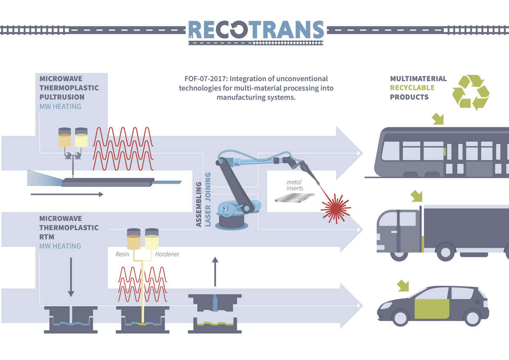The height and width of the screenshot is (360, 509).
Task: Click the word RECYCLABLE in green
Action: (x=412, y=88)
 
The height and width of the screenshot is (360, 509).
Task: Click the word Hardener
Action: (x=167, y=254)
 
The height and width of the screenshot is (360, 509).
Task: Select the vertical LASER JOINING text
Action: (x=208, y=200)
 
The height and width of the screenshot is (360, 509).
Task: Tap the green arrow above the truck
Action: (x=417, y=197)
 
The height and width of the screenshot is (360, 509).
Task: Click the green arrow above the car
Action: (x=403, y=286)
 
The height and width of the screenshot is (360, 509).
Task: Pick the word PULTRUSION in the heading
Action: (x=62, y=97)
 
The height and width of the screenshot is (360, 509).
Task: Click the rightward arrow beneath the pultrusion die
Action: (x=67, y=194)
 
